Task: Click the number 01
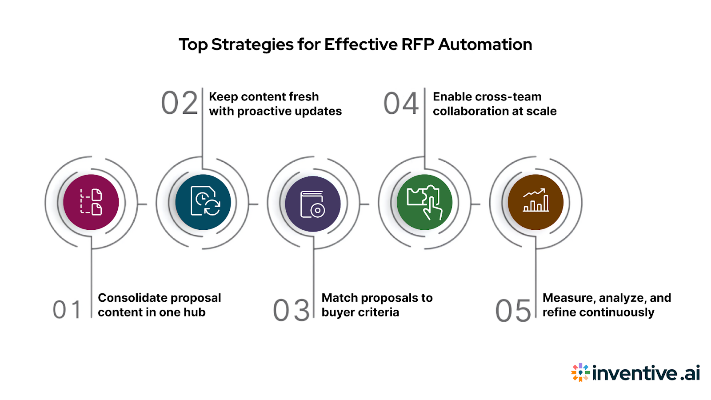pos(67,310)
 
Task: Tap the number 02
pos(180,103)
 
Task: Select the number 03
pos(291,310)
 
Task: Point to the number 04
pos(401,103)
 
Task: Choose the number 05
pos(513,310)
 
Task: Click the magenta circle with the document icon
pos(91,202)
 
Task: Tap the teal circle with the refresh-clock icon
pos(203,202)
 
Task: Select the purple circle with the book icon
pos(313,204)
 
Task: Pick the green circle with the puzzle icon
pos(424,202)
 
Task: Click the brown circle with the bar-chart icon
pos(535,202)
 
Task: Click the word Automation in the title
pos(485,44)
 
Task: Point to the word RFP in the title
pos(417,44)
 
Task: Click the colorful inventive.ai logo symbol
pos(580,372)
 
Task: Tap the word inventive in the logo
pos(635,373)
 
